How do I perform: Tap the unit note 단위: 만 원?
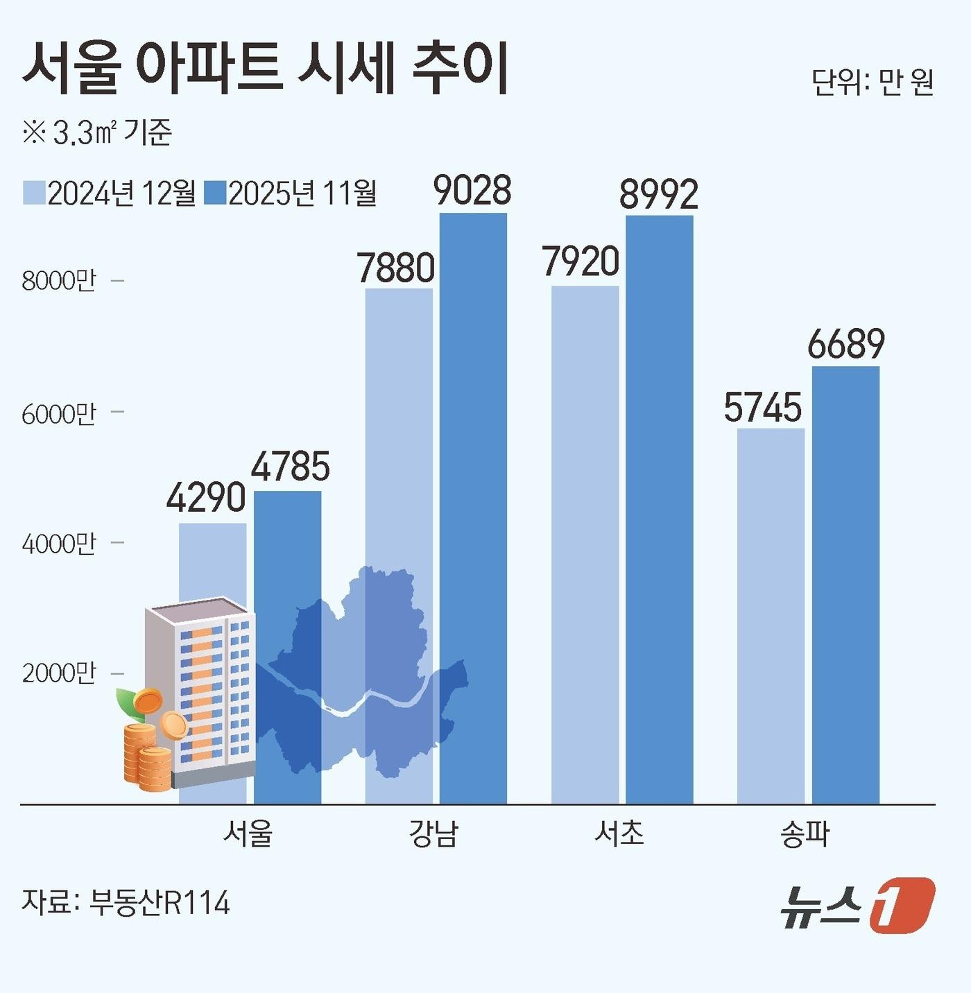pyautogui.click(x=872, y=83)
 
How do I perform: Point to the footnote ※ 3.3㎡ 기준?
pyautogui.click(x=96, y=132)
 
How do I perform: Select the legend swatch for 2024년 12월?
pyautogui.click(x=34, y=193)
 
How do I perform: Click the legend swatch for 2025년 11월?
pyautogui.click(x=216, y=193)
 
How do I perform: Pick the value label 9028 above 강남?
pyautogui.click(x=473, y=190)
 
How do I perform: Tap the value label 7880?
pyautogui.click(x=396, y=267)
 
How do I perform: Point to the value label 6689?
pyautogui.click(x=846, y=344)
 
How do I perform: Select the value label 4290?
pyautogui.click(x=206, y=498)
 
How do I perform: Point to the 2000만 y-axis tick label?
pyautogui.click(x=59, y=673)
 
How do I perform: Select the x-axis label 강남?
pyautogui.click(x=433, y=834)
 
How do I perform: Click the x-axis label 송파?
pyautogui.click(x=805, y=834)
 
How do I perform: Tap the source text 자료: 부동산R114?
pyautogui.click(x=126, y=903)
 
